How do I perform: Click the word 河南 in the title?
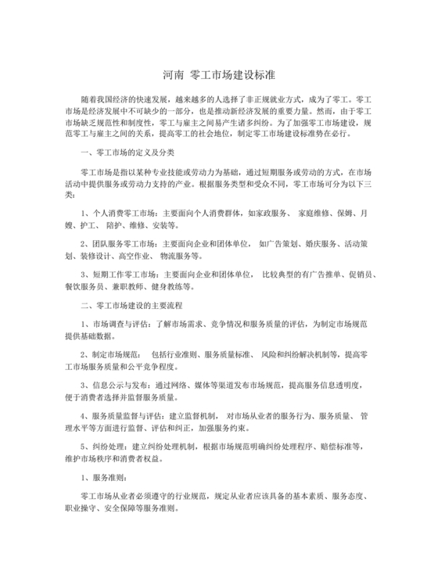174,76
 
